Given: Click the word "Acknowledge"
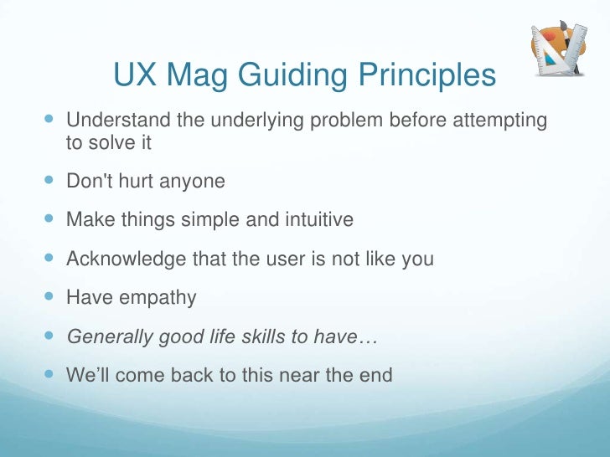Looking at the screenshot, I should (127, 259).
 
